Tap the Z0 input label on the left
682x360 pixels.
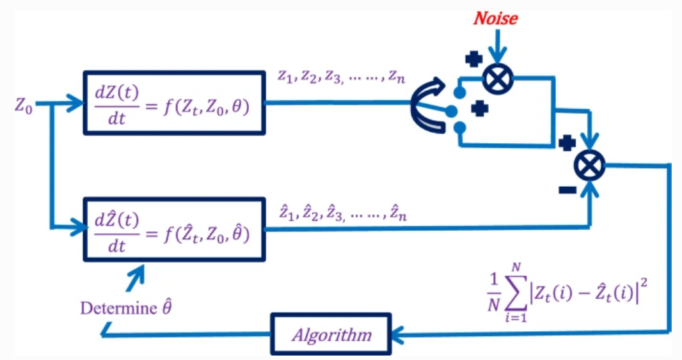pyautogui.click(x=24, y=104)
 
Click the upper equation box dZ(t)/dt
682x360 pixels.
pyautogui.click(x=173, y=103)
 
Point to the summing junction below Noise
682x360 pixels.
pyautogui.click(x=498, y=79)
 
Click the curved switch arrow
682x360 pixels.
pyautogui.click(x=429, y=107)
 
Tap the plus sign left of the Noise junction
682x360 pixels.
pyautogui.click(x=473, y=59)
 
